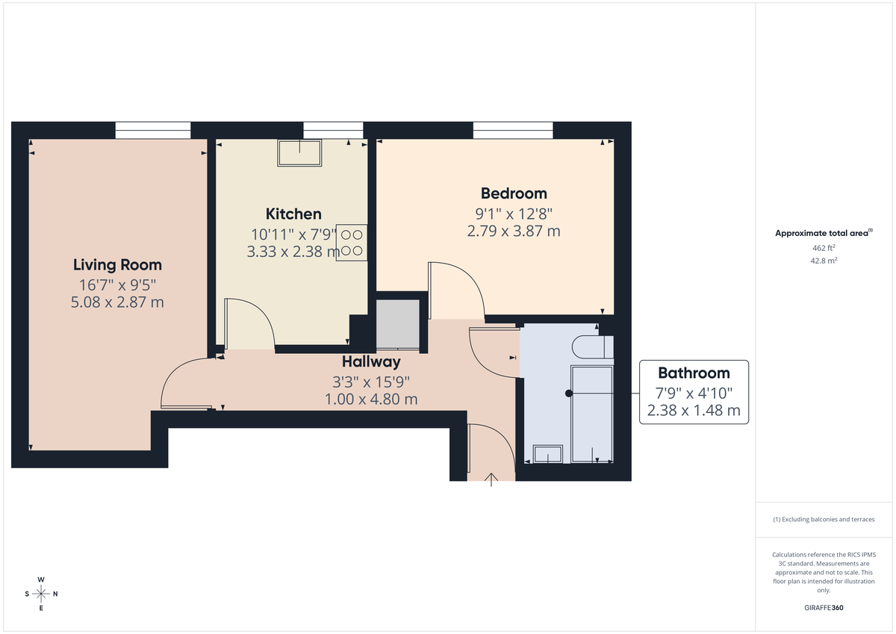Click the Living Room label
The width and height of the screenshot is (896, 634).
[117, 264]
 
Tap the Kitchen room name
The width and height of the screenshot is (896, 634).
[293, 214]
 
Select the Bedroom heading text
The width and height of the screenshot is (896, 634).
[514, 193]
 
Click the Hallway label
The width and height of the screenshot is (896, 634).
[371, 362]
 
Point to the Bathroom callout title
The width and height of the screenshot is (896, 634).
[693, 373]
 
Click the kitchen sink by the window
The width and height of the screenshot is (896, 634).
[300, 153]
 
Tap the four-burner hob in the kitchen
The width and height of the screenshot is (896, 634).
[351, 243]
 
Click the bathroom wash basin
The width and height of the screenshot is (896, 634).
[549, 453]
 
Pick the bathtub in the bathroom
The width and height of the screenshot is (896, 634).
[592, 414]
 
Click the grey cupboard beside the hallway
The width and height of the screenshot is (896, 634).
[398, 324]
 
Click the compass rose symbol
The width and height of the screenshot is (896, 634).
[41, 594]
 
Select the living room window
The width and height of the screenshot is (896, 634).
[152, 130]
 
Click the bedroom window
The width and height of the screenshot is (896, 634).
[513, 130]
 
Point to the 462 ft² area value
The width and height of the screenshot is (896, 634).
[824, 247]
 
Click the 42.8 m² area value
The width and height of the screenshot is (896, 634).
[824, 261]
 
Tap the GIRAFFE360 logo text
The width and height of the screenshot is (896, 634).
[824, 608]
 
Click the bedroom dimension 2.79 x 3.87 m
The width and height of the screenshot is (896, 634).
[514, 231]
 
